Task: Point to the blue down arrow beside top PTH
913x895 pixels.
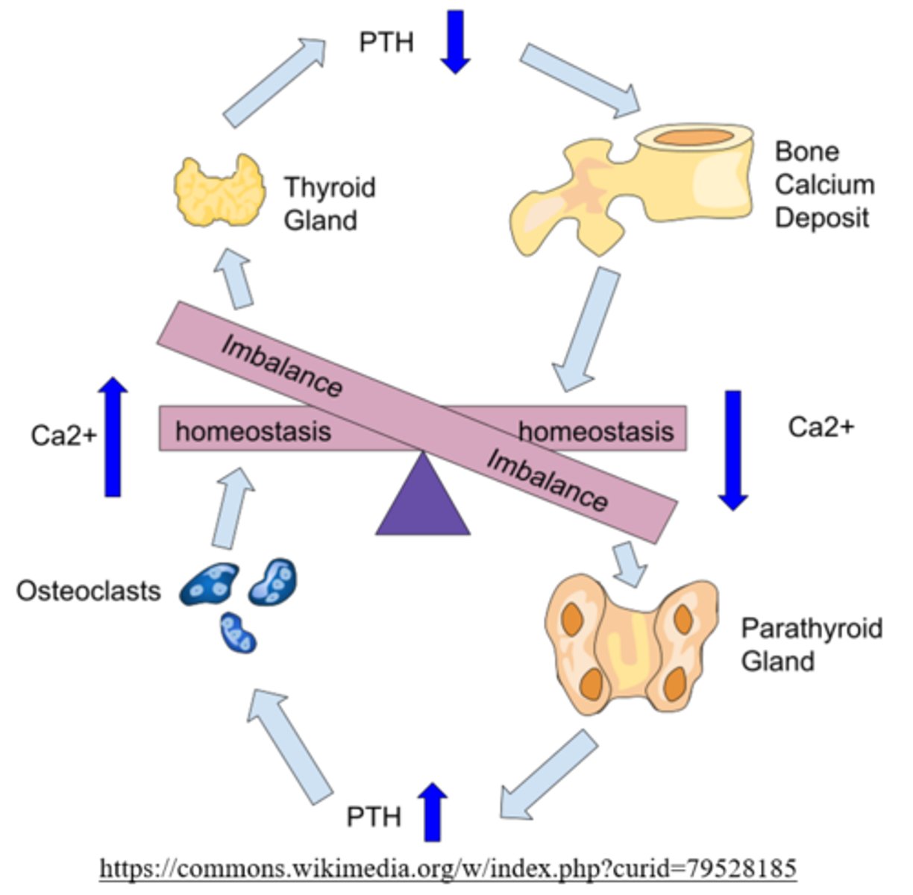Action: pos(454,41)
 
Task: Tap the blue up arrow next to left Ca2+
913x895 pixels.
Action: pos(113,436)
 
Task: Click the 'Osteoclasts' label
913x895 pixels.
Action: pos(88,591)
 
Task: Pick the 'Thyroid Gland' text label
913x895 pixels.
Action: pos(328,204)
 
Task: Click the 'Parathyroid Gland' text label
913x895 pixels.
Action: pos(811,644)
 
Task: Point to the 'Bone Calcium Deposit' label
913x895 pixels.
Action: pos(823,184)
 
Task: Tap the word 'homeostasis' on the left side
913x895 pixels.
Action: pos(253,431)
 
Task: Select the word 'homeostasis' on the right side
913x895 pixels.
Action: pos(595,431)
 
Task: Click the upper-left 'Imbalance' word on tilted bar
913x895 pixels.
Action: pos(282,366)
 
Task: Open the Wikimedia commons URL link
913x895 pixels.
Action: pos(448,868)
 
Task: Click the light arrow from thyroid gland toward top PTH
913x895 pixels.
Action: pos(274,83)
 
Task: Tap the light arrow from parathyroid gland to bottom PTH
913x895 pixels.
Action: pos(548,776)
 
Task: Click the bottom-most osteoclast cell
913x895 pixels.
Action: pos(238,632)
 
